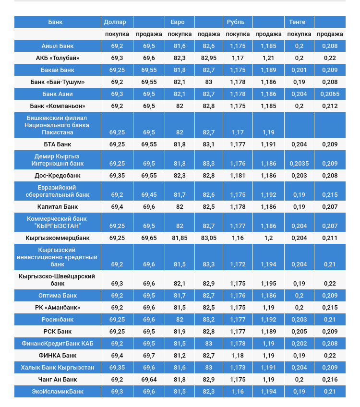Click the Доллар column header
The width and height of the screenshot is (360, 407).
115,22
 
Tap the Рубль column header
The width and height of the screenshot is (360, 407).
235,22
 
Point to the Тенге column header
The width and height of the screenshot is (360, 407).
297,22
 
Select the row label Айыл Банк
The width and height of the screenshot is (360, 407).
58,46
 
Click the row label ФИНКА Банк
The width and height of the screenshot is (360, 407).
58,356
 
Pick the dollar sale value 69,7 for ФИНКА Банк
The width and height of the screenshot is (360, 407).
149,356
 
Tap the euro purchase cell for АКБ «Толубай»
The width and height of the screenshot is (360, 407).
180,58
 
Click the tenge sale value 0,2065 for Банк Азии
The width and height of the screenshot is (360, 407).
330,94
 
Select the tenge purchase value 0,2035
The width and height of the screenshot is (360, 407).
299,164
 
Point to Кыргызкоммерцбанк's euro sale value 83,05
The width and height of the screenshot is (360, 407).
209,238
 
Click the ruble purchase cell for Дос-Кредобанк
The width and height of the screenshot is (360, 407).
238,176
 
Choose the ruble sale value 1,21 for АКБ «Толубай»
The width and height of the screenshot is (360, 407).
268,58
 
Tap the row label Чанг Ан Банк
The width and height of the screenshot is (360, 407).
58,380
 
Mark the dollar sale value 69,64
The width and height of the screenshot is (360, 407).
149,380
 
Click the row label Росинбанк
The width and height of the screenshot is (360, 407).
58,320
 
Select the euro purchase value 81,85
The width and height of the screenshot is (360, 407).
180,238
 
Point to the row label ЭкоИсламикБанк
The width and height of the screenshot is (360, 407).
58,392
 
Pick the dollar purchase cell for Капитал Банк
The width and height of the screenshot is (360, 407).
117,207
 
